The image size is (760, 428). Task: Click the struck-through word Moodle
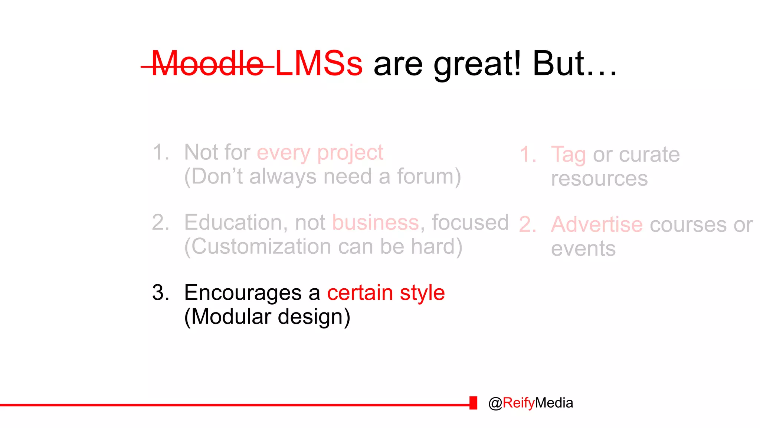208,64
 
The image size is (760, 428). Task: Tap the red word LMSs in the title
318,64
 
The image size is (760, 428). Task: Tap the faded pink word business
375,223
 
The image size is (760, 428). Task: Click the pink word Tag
568,155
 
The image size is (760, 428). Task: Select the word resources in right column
599,179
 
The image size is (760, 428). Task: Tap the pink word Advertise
596,225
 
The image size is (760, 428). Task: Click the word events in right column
583,249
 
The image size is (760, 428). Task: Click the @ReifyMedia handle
531,403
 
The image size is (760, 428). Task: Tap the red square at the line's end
473,403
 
